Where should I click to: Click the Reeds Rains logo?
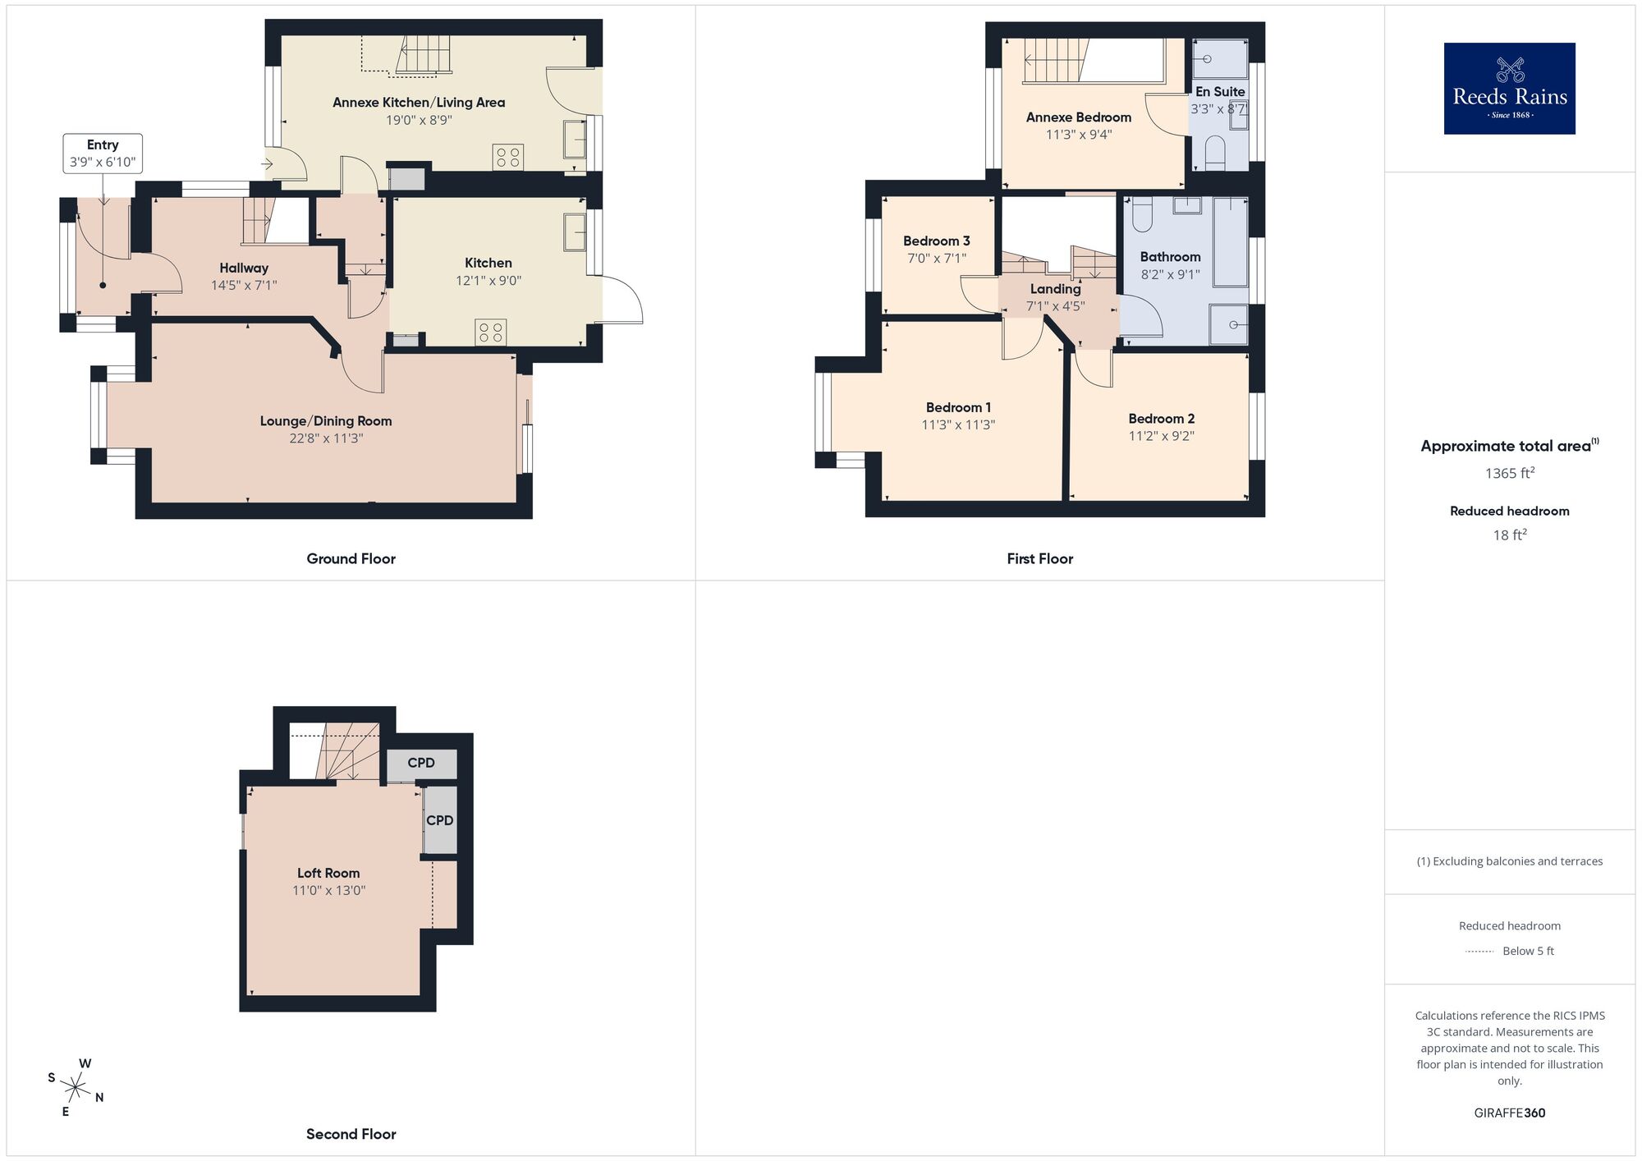point(1509,89)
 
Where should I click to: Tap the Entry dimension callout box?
point(103,154)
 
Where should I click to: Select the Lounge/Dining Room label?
point(326,421)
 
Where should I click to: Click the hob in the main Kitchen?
point(491,333)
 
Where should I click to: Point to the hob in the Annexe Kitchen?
point(508,157)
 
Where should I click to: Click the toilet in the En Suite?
point(1214,153)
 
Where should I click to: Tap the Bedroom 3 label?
point(936,241)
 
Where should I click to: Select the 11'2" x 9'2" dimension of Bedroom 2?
point(1161,436)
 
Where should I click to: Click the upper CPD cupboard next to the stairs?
point(421,764)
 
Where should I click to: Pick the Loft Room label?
point(328,873)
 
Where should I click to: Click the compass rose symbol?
point(76,1089)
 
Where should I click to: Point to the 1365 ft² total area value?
point(1509,473)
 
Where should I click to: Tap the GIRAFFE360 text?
point(1509,1113)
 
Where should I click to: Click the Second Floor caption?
point(351,1134)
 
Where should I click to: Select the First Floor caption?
point(1039,559)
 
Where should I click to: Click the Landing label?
point(1055,289)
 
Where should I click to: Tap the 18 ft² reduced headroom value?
point(1509,535)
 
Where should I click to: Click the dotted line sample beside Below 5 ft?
point(1479,952)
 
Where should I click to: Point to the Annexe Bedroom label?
point(1078,117)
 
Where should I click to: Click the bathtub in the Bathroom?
point(1230,241)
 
